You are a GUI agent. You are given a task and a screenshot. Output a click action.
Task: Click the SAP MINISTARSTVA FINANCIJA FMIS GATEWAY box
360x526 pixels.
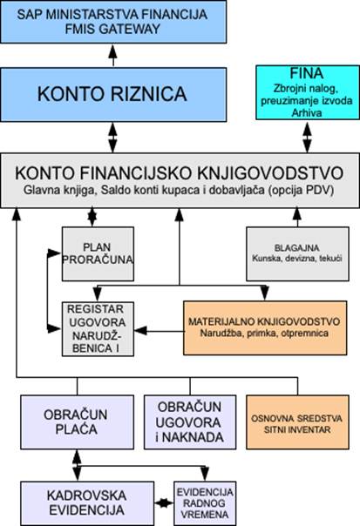(x=113, y=22)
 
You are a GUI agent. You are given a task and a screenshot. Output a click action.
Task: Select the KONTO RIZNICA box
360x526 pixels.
(x=113, y=95)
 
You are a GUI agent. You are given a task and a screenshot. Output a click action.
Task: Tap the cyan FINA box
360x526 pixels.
(x=308, y=92)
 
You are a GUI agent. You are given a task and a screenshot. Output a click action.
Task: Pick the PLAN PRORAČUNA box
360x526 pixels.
(x=98, y=254)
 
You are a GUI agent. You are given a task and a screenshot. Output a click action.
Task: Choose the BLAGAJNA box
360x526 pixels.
(x=297, y=254)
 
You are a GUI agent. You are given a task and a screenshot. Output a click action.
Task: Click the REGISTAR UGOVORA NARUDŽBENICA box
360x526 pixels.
(x=98, y=329)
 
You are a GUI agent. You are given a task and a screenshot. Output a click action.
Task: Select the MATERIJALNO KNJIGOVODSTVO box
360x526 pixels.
(x=265, y=328)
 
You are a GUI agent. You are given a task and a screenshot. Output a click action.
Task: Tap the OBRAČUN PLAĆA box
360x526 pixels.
(x=78, y=422)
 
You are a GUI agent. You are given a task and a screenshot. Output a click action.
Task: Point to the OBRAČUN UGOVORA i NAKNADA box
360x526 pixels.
(x=190, y=422)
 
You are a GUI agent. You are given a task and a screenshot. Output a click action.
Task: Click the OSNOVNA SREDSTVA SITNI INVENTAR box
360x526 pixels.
(x=297, y=422)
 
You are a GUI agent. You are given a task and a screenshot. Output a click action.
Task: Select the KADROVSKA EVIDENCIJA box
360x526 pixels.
(x=87, y=503)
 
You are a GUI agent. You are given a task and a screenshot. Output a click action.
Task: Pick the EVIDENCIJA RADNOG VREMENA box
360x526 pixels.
(x=205, y=503)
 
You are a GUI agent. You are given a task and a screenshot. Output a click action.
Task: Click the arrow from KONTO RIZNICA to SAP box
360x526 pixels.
(x=113, y=56)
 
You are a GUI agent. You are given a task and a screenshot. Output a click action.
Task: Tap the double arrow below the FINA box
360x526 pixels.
(x=307, y=138)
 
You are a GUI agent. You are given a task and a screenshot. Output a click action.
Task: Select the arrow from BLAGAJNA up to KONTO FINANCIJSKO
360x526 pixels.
(x=297, y=218)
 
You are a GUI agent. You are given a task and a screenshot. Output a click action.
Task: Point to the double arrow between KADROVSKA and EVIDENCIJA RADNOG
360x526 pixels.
(x=164, y=503)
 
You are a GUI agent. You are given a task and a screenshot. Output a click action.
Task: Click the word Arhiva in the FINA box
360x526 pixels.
(x=307, y=112)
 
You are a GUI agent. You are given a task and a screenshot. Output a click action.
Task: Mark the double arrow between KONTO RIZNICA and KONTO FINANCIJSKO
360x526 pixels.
(x=112, y=138)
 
